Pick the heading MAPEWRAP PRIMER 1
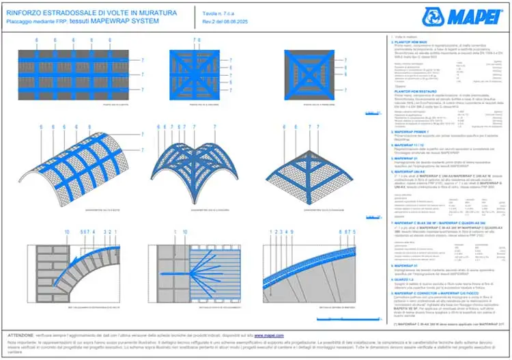click(x=414, y=131)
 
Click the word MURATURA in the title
click(x=155, y=13)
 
